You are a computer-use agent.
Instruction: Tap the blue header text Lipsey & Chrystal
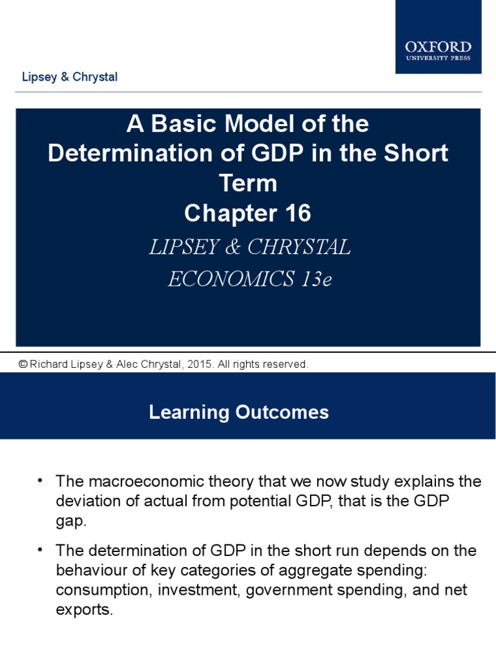point(70,77)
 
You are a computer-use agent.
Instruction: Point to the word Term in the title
point(248,184)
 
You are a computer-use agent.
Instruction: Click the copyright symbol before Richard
point(23,365)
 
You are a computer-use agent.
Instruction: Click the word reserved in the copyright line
point(284,365)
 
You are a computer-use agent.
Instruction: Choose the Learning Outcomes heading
point(239,412)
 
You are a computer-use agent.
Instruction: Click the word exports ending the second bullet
point(84,609)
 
